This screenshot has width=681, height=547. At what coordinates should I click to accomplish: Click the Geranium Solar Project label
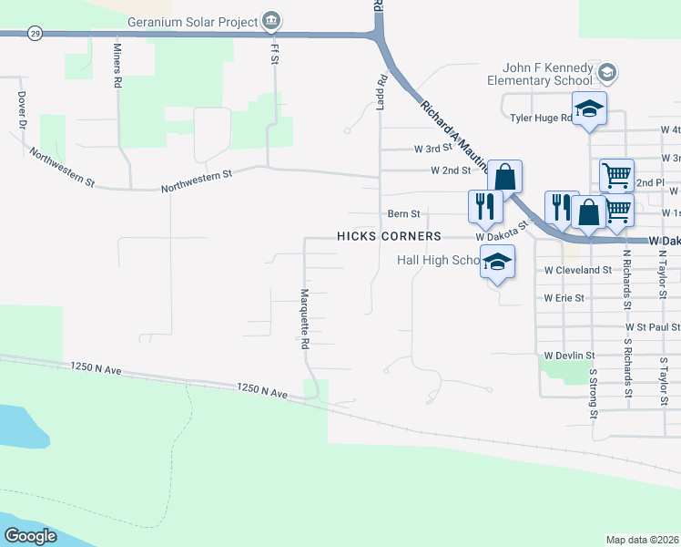192,21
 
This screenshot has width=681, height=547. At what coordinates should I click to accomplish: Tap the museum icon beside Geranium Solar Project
270,21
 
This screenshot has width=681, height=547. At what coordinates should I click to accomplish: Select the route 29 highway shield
35,34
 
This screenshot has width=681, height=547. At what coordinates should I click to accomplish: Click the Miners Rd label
117,65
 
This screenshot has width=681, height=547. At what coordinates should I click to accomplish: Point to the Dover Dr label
20,110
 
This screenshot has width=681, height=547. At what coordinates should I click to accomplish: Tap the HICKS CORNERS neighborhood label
389,235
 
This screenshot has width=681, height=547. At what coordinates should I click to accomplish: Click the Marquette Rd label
306,320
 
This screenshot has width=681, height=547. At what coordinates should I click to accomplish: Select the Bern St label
403,214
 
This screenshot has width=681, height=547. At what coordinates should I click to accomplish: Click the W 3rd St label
432,149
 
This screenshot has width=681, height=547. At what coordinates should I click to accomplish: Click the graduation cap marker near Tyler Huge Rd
589,110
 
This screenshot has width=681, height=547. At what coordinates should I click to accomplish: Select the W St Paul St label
653,326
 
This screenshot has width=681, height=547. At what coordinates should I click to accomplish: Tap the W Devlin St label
569,356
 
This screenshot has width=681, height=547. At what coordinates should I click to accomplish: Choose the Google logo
31,536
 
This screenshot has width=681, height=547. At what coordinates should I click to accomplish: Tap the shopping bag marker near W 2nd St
503,175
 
